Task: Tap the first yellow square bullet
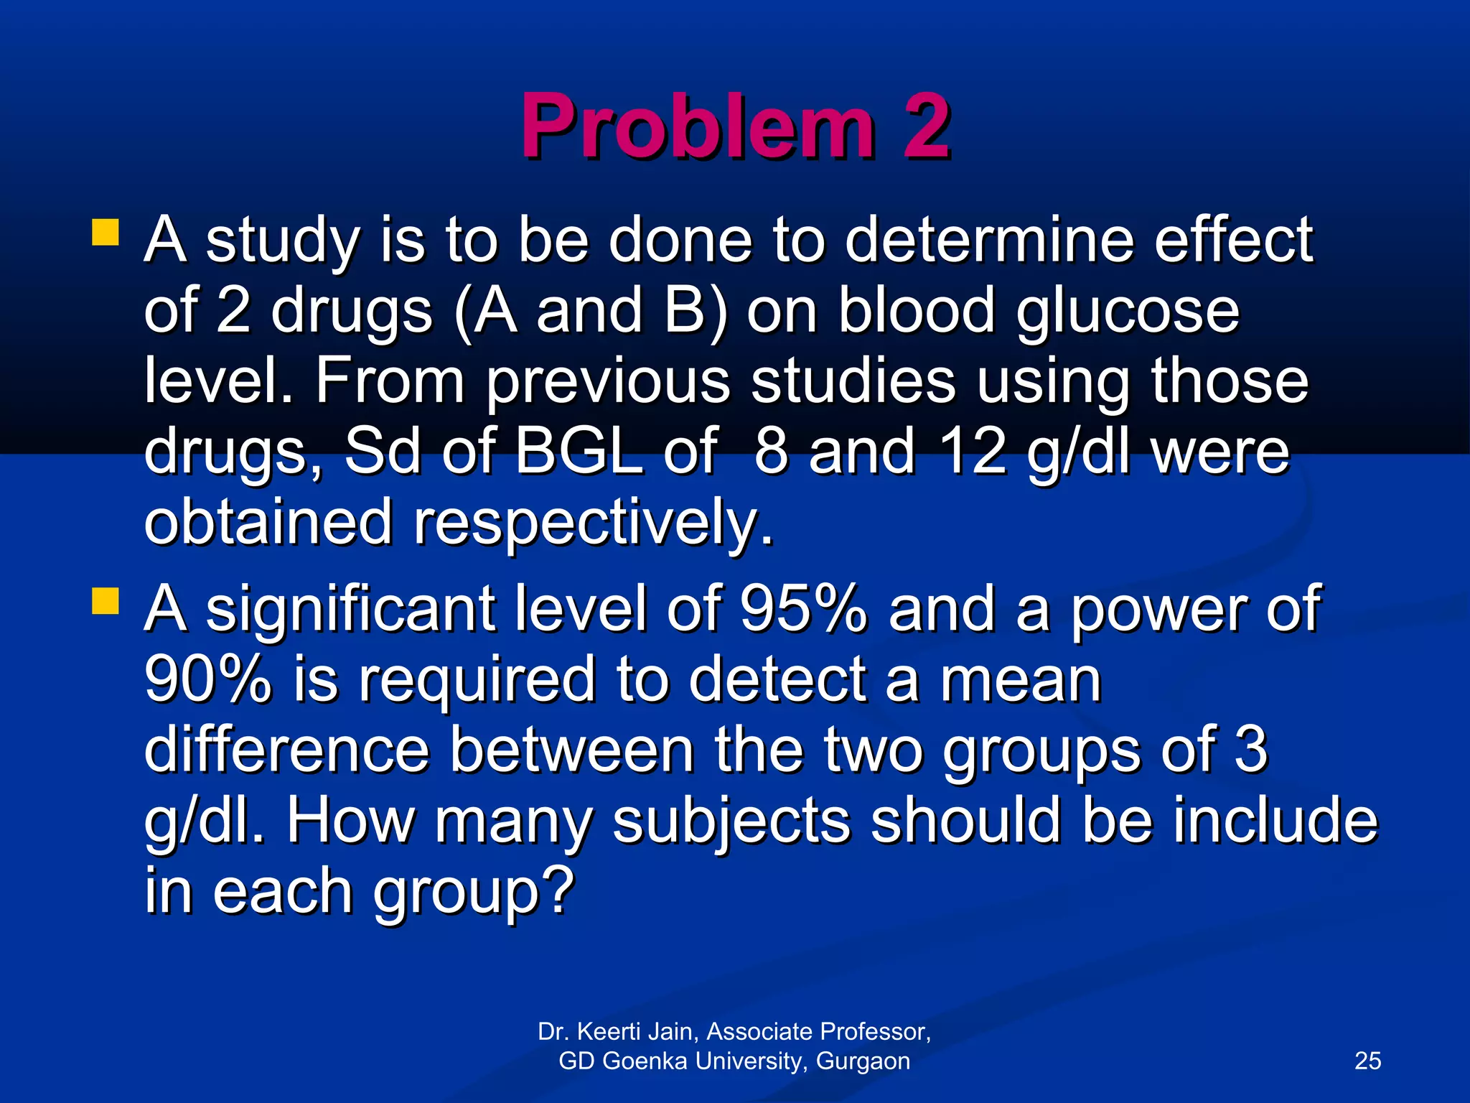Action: [106, 233]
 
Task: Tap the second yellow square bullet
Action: [106, 602]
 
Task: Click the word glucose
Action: [1128, 312]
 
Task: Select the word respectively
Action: [594, 523]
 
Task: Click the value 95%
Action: [804, 608]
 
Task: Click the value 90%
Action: [208, 679]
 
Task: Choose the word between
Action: [571, 749]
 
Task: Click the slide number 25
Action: [1367, 1061]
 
